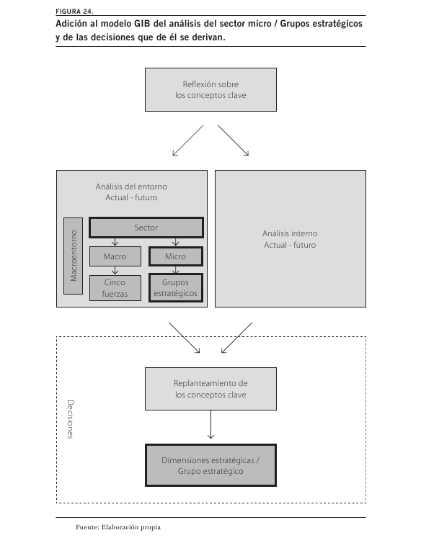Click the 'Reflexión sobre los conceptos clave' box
211,90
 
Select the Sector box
146,228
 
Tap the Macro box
115,256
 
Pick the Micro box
175,256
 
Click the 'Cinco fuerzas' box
115,288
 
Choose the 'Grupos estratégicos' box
175,288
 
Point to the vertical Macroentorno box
74,256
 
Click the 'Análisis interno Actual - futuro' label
290,239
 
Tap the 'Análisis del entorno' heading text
131,187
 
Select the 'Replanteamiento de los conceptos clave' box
211,389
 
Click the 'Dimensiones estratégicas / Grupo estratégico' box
211,465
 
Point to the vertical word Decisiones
71,419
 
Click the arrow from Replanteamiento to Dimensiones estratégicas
211,425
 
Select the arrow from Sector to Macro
115,242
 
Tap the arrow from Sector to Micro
175,242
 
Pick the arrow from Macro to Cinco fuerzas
115,271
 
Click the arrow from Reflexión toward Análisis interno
233,140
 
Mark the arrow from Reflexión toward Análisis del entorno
187,140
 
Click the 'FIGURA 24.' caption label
74,12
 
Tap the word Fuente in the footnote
87,527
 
